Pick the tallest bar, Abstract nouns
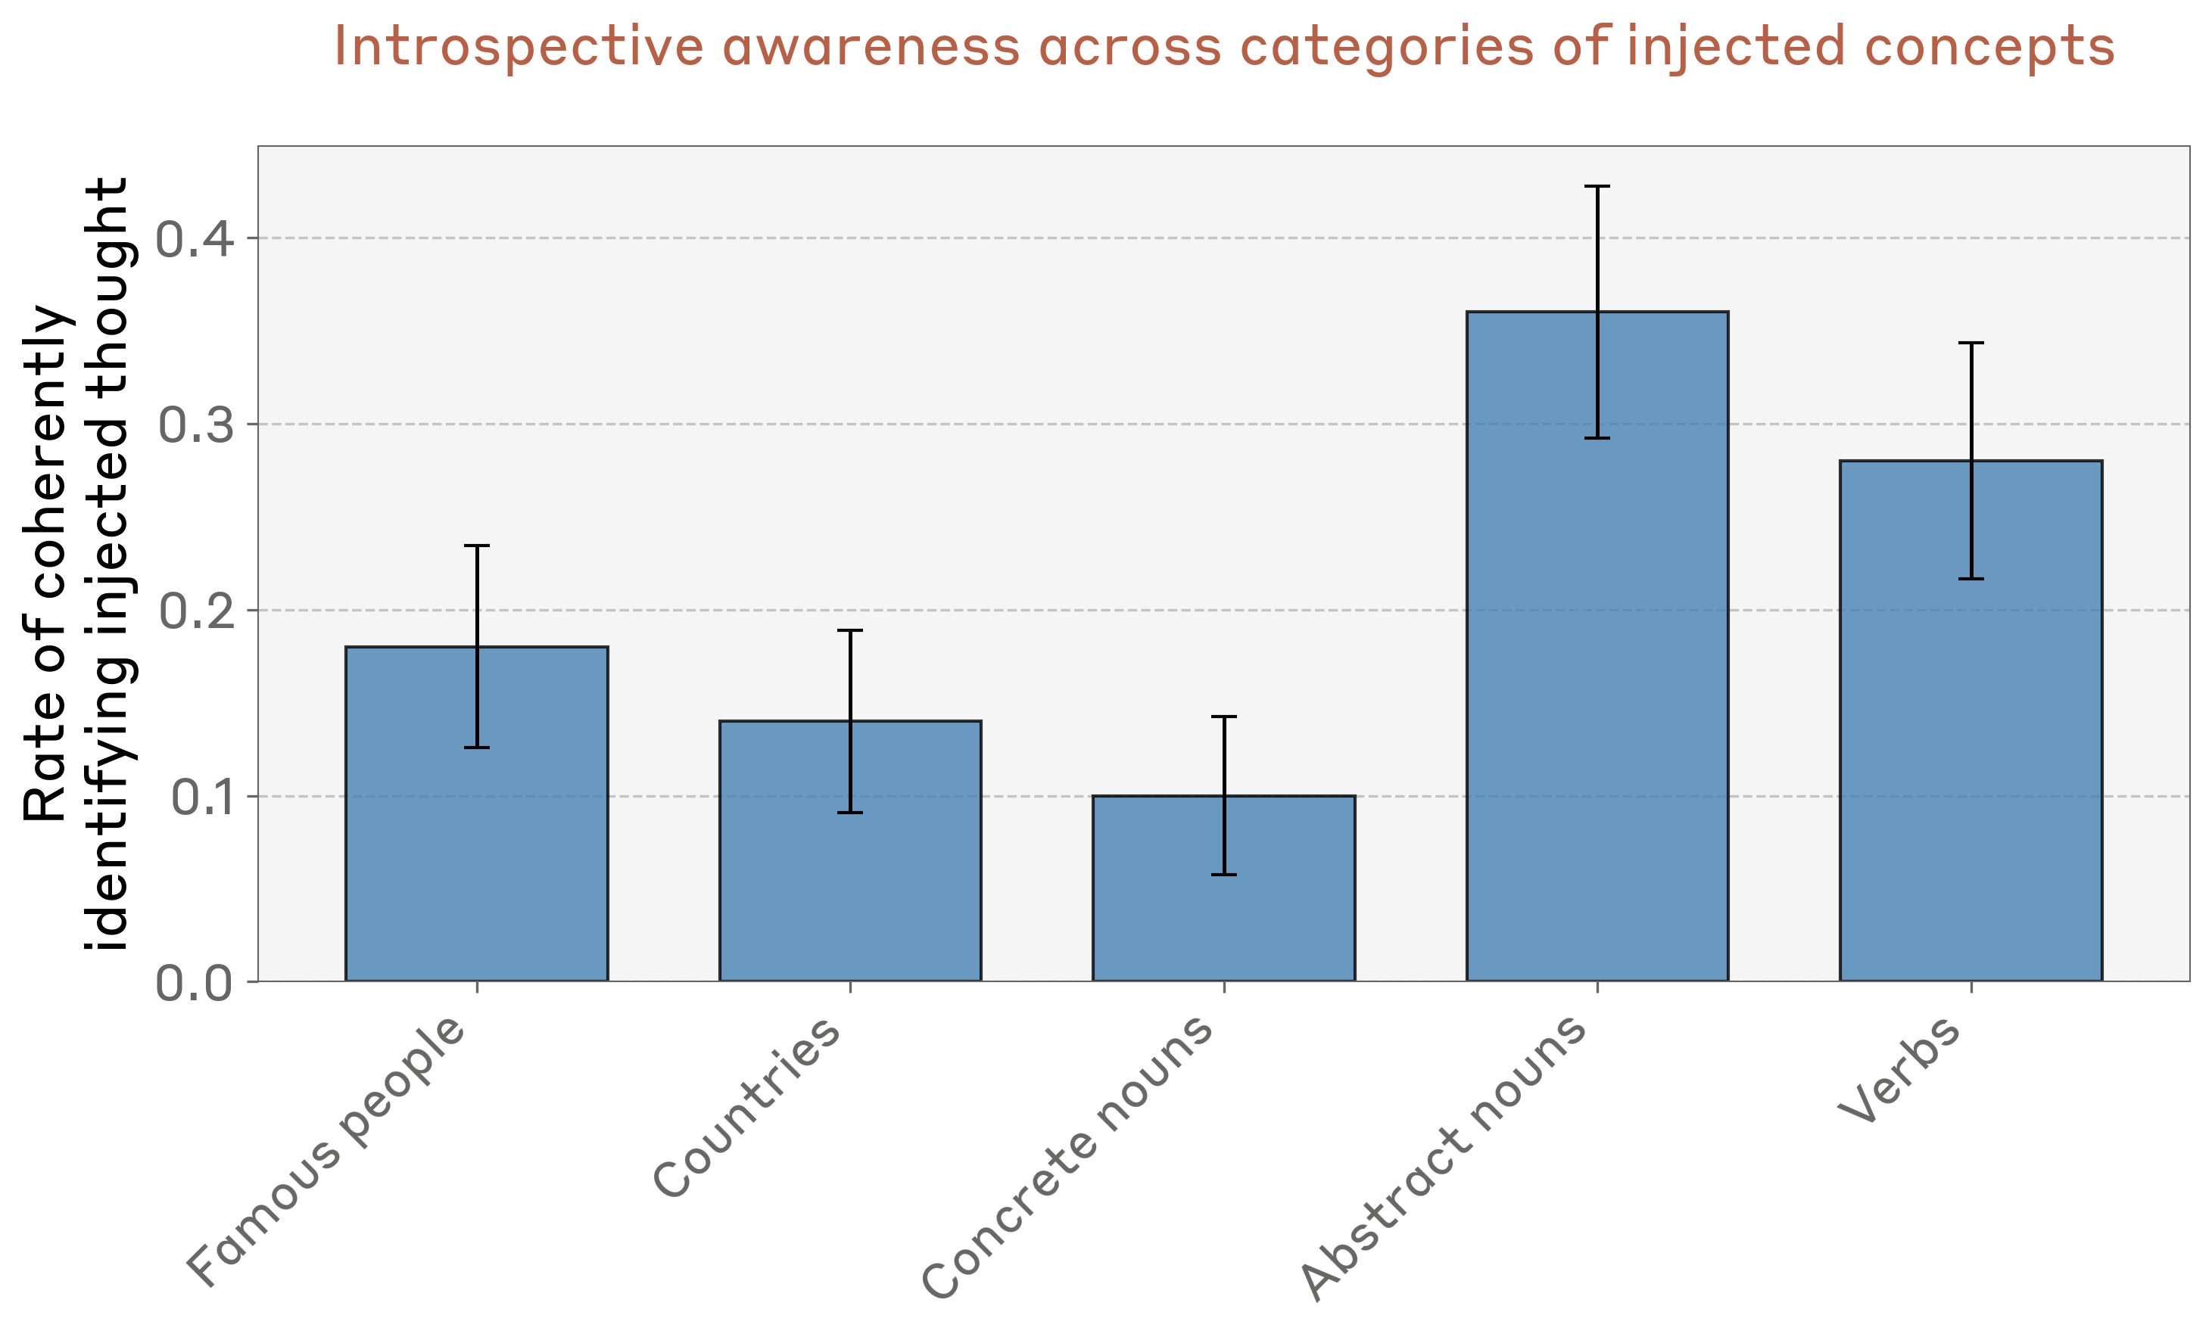1597,646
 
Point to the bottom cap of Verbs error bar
1971,579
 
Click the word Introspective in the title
518,47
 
